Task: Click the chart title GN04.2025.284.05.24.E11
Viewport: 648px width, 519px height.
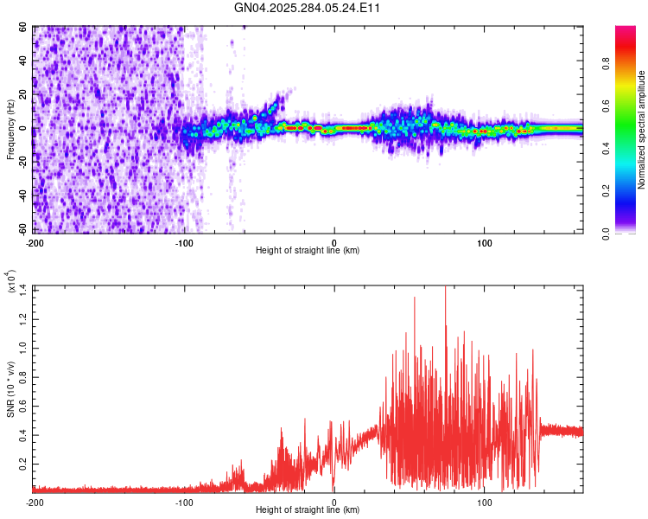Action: (314, 8)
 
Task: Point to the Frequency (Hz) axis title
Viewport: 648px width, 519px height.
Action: (10, 129)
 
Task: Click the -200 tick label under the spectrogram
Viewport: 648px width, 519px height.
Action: (35, 242)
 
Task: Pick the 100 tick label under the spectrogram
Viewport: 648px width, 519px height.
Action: (485, 242)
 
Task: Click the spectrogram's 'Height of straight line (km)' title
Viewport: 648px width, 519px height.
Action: (308, 251)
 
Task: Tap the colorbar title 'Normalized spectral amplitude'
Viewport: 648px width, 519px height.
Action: (642, 130)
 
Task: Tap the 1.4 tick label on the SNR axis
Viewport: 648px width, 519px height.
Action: (23, 287)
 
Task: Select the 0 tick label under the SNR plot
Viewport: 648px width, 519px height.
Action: (334, 502)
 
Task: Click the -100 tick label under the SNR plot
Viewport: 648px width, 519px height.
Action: (185, 502)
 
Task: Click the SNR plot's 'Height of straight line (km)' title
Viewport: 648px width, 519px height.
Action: (308, 510)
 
